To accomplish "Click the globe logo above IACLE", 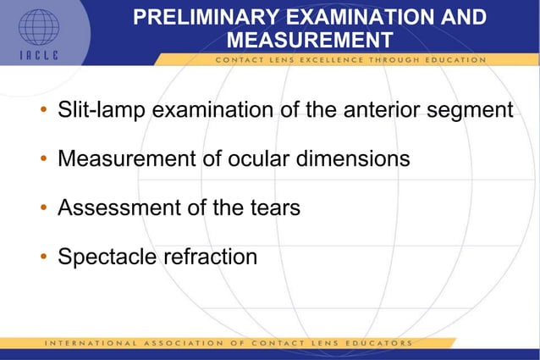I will (x=39, y=26).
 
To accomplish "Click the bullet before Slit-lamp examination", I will (x=42, y=111).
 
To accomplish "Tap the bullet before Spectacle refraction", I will (x=42, y=256).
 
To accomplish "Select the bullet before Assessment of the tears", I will (x=42, y=208).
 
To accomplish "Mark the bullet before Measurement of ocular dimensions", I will (x=42, y=159).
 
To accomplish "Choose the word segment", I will (x=477, y=111).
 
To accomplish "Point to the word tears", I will (x=272, y=208).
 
